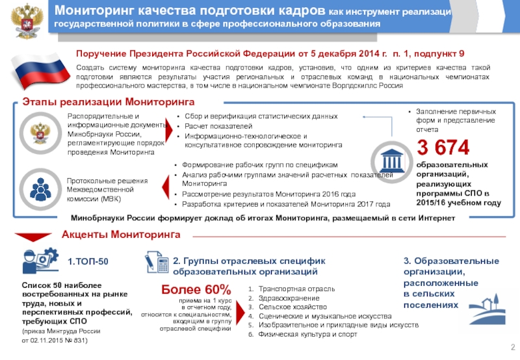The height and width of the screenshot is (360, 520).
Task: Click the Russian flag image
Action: coord(40,71)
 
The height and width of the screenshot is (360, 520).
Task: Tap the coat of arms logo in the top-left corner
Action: coord(25,20)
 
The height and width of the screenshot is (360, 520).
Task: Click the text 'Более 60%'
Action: coord(196,289)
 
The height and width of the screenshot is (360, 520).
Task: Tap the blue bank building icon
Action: coord(393,160)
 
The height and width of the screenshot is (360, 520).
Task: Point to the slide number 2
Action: coord(512,346)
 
